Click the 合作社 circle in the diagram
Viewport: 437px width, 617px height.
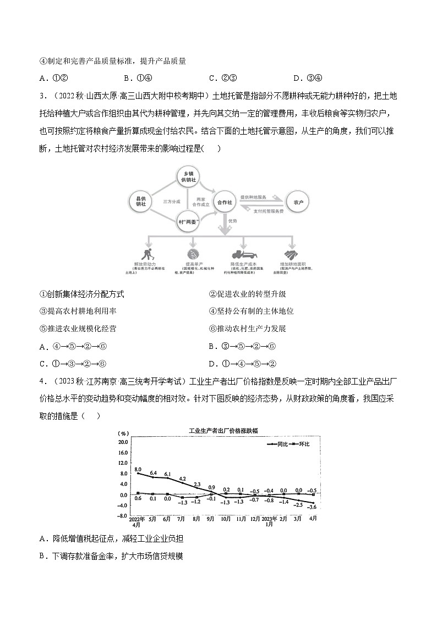click(225, 203)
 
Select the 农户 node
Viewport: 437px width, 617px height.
click(298, 202)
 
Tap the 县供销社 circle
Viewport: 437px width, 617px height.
click(140, 201)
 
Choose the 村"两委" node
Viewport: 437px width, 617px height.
click(188, 223)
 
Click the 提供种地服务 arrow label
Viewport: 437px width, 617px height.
click(254, 196)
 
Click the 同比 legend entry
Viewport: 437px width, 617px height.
click(278, 443)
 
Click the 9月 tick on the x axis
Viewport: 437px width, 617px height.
click(211, 518)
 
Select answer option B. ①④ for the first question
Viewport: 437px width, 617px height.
click(141, 77)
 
